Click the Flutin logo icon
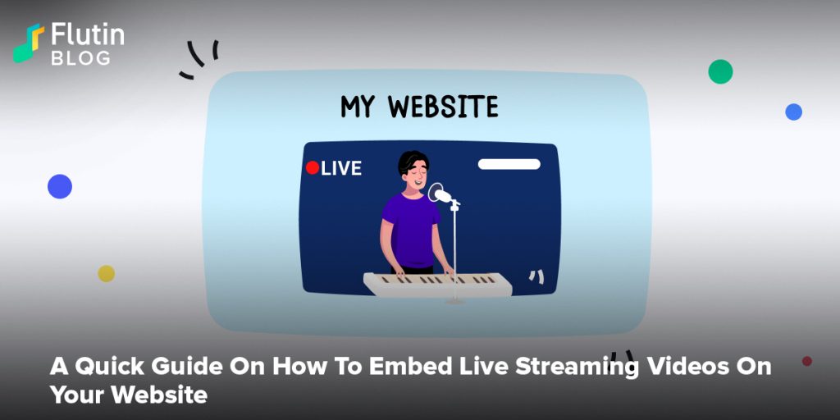pyautogui.click(x=29, y=43)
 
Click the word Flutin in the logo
pyautogui.click(x=88, y=34)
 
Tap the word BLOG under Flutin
pyautogui.click(x=81, y=58)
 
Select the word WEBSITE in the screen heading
pyautogui.click(x=443, y=107)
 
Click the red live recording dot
pyautogui.click(x=313, y=167)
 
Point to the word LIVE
pyautogui.click(x=341, y=168)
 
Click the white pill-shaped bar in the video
pyautogui.click(x=509, y=164)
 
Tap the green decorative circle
pyautogui.click(x=720, y=71)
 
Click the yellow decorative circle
pyautogui.click(x=106, y=273)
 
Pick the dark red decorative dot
pyautogui.click(x=807, y=361)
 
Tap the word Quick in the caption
pyautogui.click(x=110, y=367)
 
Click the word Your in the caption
pyautogui.click(x=77, y=395)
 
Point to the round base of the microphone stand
pyautogui.click(x=454, y=301)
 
